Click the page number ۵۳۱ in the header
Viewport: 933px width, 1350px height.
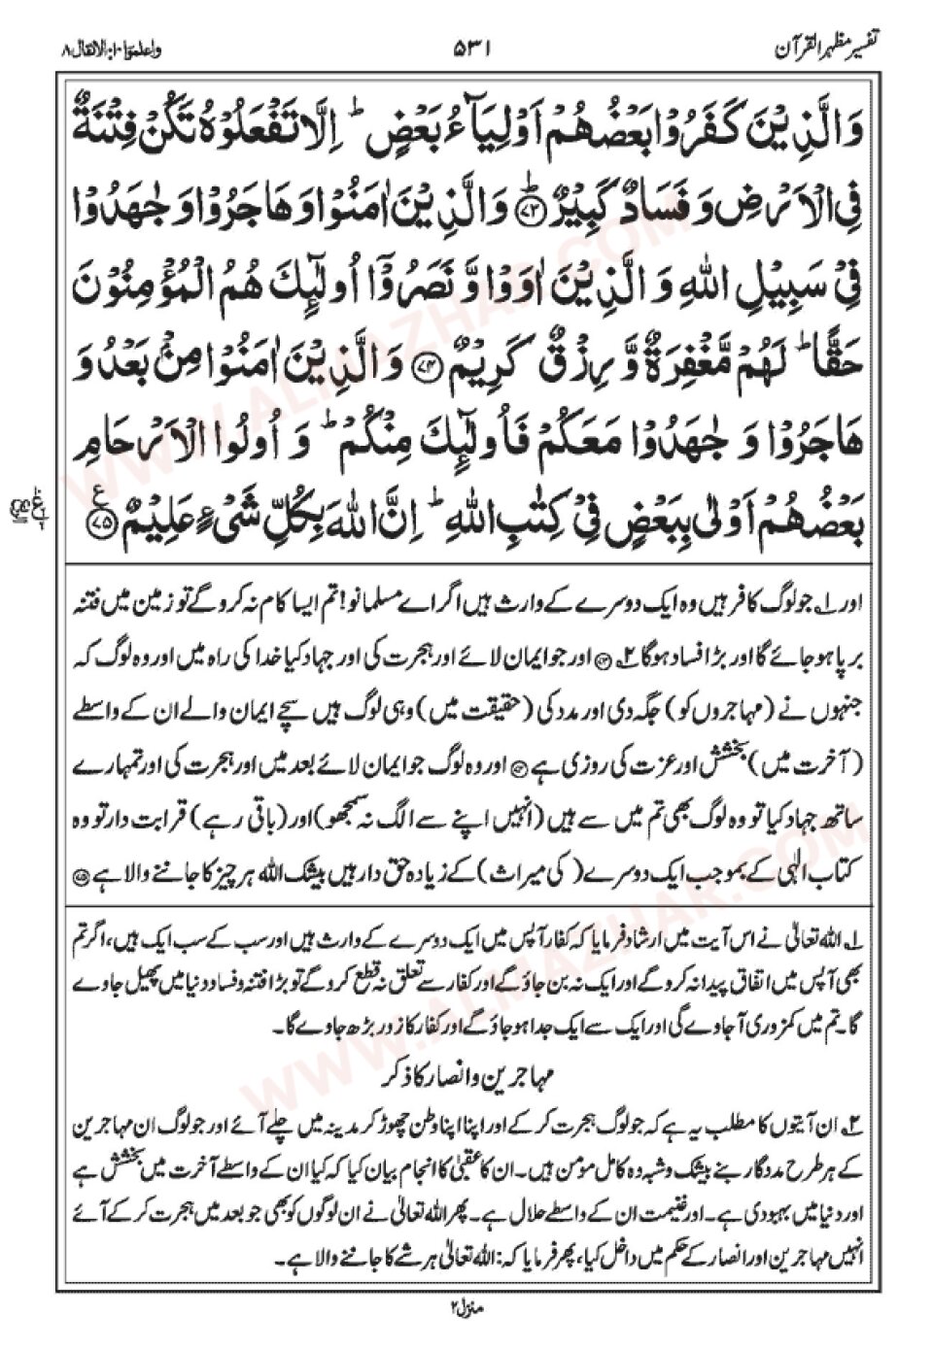click(474, 46)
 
